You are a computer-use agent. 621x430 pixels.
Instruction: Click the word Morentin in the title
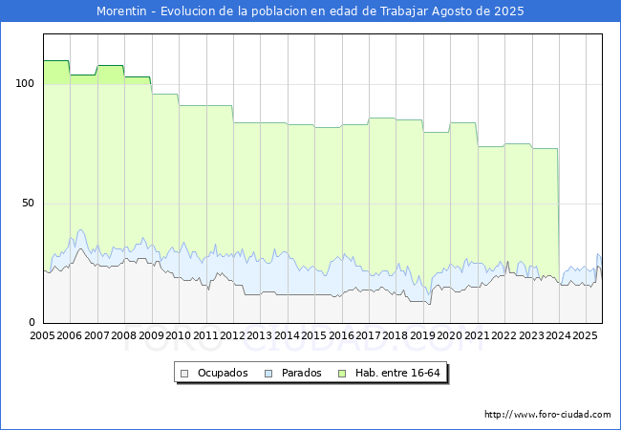121,11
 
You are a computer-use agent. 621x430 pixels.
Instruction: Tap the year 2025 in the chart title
509,11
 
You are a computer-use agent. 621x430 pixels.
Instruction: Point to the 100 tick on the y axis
25,83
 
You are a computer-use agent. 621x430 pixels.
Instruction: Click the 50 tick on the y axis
28,204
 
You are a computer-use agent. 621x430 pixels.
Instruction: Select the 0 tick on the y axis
32,322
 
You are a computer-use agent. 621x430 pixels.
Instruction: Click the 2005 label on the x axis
42,335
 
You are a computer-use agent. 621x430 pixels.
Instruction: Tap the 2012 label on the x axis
232,335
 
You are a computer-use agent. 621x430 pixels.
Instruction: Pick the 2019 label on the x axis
422,335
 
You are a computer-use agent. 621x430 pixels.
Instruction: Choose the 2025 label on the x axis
586,335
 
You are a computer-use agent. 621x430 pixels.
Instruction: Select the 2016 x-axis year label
341,335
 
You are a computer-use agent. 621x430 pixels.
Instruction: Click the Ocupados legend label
223,373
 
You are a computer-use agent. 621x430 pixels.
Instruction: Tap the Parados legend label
301,373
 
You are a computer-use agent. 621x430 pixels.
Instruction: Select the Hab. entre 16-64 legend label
397,373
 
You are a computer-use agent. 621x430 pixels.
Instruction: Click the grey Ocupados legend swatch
184,374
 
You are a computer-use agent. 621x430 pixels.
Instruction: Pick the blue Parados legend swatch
268,374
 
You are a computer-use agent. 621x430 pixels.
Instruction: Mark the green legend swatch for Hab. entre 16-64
342,374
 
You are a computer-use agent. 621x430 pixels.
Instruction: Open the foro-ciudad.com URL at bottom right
547,415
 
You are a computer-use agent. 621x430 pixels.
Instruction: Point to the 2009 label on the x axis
151,335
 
